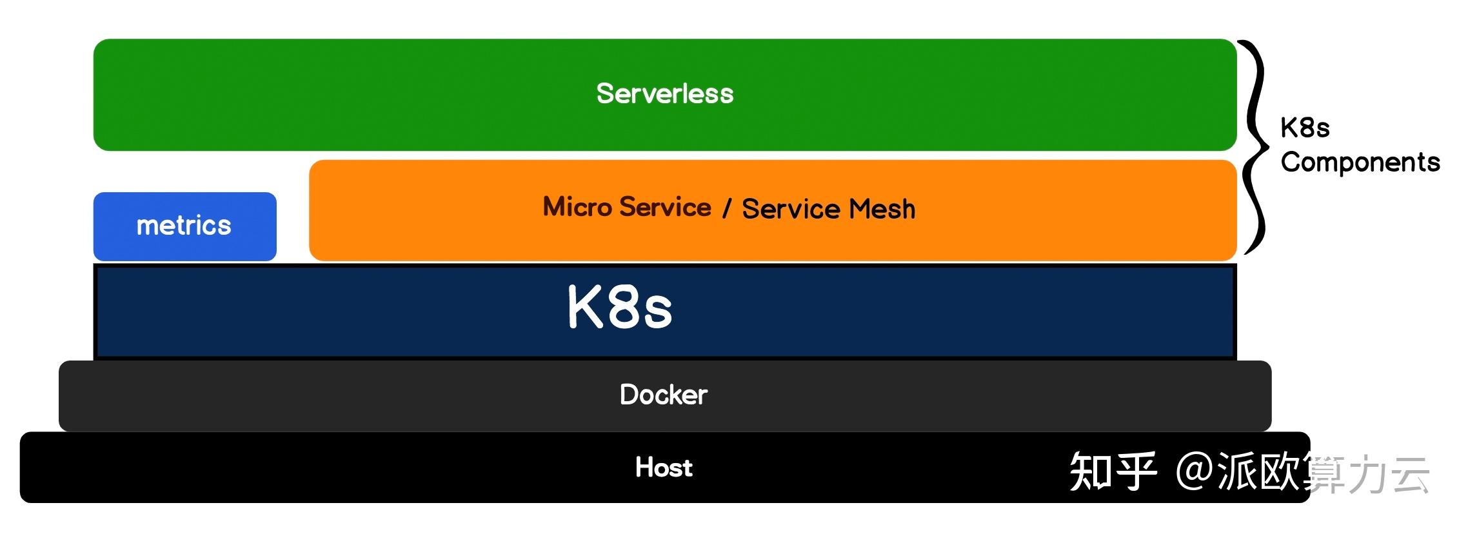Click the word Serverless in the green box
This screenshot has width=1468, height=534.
point(664,94)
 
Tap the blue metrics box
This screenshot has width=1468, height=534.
point(184,226)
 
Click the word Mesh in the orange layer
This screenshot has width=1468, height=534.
point(882,210)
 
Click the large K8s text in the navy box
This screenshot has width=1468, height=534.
point(619,308)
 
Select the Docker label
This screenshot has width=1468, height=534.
point(663,395)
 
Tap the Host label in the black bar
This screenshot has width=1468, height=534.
point(663,468)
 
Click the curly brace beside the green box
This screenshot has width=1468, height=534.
point(1255,147)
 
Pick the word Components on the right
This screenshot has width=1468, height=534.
point(1360,162)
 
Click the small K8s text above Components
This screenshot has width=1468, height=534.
point(1304,128)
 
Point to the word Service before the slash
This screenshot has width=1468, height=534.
point(665,207)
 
